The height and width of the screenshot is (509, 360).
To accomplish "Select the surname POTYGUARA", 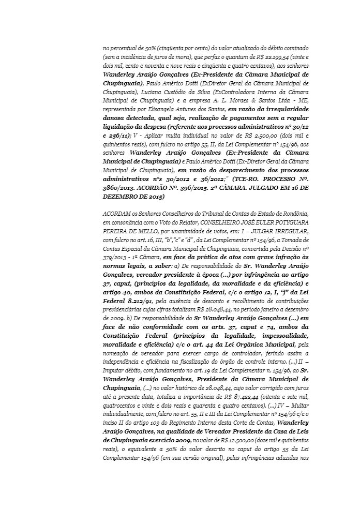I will [286, 221].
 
